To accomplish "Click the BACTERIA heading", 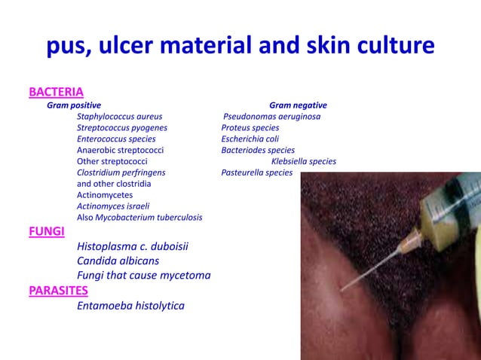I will click(56, 92).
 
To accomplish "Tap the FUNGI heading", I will click(46, 231).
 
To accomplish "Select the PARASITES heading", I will click(58, 291).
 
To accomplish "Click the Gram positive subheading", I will click(74, 105).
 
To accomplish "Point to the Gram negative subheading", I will click(298, 105).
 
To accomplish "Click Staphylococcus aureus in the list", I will click(119, 117).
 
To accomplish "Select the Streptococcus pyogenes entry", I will click(122, 128).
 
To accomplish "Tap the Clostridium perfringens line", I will click(121, 172).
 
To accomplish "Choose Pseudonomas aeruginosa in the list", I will click(272, 117).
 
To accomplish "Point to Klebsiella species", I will click(304, 161).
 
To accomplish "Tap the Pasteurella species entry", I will click(257, 172).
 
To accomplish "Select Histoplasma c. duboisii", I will click(133, 246).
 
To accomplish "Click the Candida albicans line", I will click(118, 261).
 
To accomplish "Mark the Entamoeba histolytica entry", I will click(130, 306).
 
